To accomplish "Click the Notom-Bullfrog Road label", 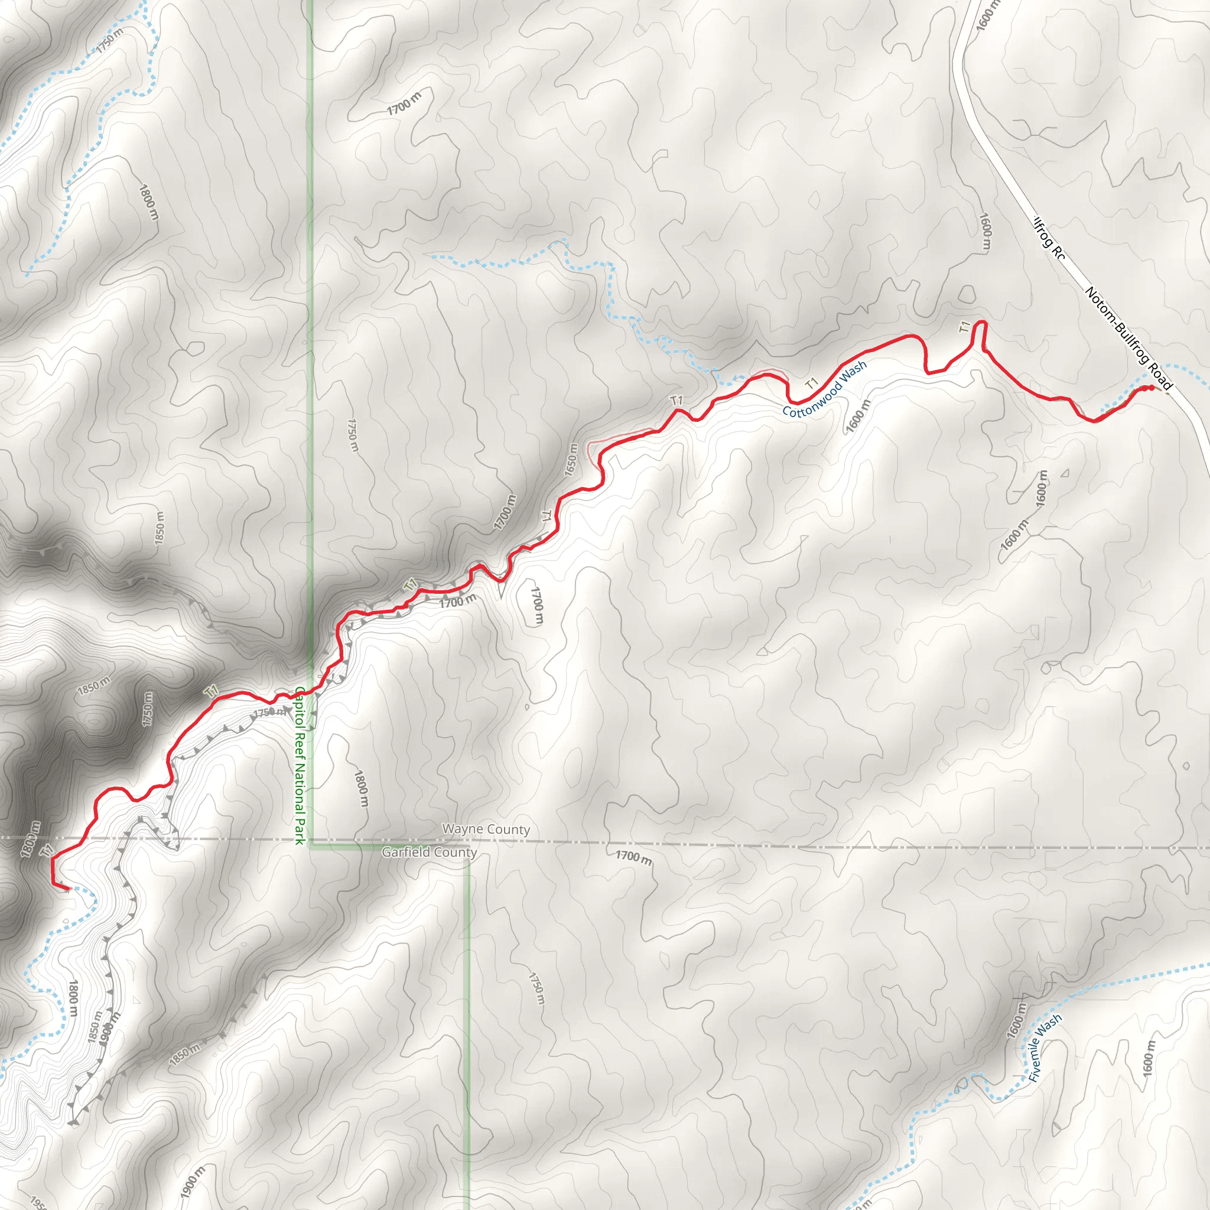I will click(1127, 338).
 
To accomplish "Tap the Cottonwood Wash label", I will click(824, 389).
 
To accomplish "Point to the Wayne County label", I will click(486, 829).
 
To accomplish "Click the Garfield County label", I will click(430, 852).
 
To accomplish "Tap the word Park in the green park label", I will click(300, 827).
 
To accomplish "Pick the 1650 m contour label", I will click(571, 460).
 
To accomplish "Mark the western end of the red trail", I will click(66, 888).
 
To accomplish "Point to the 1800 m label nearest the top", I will click(148, 201).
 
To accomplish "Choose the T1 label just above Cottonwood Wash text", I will click(812, 382).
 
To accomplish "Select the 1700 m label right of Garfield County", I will click(633, 857).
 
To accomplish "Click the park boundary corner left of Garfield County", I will click(312, 847).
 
